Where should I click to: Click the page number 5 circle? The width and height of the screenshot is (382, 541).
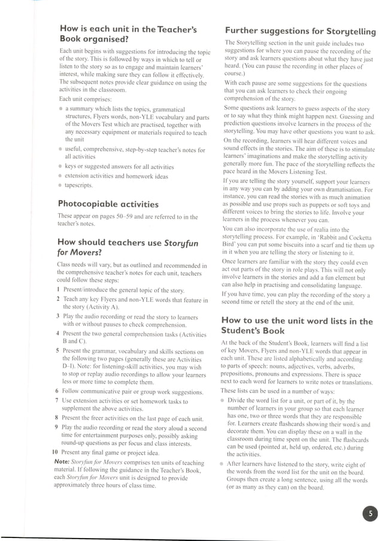point(369,513)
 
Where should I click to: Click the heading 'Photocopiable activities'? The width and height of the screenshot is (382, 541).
point(108,204)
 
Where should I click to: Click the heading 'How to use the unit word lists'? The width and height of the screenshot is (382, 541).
point(297,326)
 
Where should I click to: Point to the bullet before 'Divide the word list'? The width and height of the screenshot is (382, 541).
point(223,401)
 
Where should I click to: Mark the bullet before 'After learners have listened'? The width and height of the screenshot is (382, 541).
point(223,465)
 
